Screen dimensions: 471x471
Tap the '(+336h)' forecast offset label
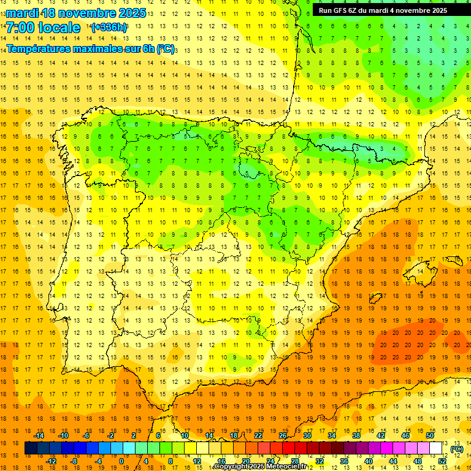click(x=109, y=28)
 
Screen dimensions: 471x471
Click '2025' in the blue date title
click(x=132, y=12)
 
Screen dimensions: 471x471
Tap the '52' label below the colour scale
click(x=442, y=461)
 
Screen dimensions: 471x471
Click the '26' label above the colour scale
click(x=283, y=435)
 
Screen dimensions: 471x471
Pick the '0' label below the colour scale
click(x=121, y=461)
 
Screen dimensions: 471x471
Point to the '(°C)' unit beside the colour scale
click(x=457, y=449)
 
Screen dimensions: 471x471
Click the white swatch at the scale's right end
click(x=436, y=448)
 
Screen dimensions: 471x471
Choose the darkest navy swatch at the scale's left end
click(x=31, y=448)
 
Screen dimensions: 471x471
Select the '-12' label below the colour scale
click(x=51, y=461)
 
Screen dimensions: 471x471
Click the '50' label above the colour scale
click(x=430, y=435)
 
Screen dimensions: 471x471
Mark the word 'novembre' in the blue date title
click(x=82, y=12)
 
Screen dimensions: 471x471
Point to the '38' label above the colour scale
click(x=356, y=435)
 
